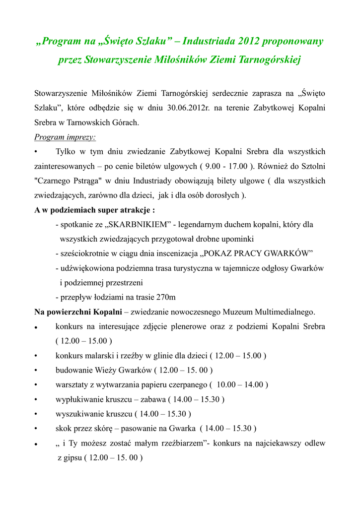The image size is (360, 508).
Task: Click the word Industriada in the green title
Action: pos(207,41)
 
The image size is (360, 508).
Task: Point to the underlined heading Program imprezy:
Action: pos(65,137)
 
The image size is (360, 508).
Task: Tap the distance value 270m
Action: pos(165,298)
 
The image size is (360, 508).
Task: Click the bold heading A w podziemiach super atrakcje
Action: pos(94,210)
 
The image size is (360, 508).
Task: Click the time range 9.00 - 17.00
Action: pos(223,166)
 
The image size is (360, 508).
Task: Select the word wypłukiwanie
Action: pos(78,399)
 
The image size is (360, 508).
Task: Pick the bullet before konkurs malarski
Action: pos(36,356)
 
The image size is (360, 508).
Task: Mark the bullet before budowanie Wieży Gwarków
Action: pos(36,370)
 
